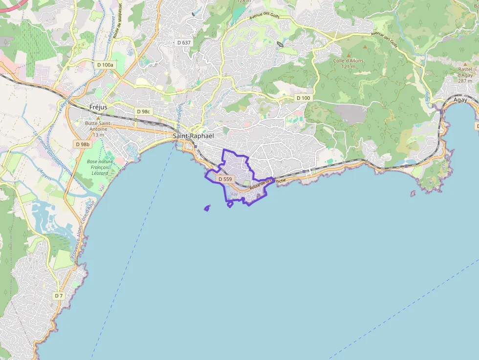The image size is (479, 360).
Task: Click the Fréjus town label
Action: pyautogui.click(x=98, y=107)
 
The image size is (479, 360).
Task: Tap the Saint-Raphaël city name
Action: pyautogui.click(x=194, y=136)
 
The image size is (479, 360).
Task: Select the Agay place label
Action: pyautogui.click(x=460, y=100)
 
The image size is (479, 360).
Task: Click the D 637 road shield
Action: pyautogui.click(x=184, y=42)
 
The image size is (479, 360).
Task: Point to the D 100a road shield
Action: pyautogui.click(x=105, y=64)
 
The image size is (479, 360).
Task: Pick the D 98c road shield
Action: pyautogui.click(x=144, y=111)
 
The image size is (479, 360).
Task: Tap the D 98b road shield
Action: pyautogui.click(x=83, y=144)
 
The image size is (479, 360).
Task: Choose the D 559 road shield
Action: pyautogui.click(x=225, y=179)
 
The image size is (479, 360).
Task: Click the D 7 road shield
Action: pyautogui.click(x=59, y=296)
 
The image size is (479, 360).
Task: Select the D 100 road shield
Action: pyautogui.click(x=303, y=98)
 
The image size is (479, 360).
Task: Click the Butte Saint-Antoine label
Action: pyautogui.click(x=98, y=129)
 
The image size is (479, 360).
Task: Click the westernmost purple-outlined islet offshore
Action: pyautogui.click(x=207, y=209)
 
